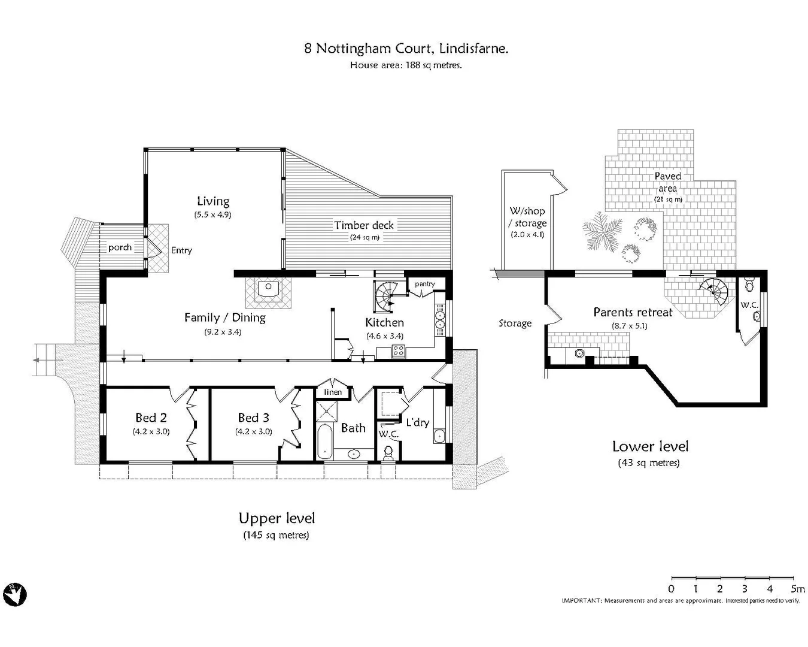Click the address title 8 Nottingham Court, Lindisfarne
(406, 49)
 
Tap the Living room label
(213, 201)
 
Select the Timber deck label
(364, 225)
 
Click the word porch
(120, 247)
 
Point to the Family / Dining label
(224, 318)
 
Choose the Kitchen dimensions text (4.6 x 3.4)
(384, 336)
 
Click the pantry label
(425, 284)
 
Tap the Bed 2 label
(151, 418)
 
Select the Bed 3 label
(253, 418)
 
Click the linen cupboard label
(333, 392)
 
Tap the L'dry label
(417, 422)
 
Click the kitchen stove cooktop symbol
(398, 352)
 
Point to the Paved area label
(667, 182)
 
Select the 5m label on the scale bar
(797, 589)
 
